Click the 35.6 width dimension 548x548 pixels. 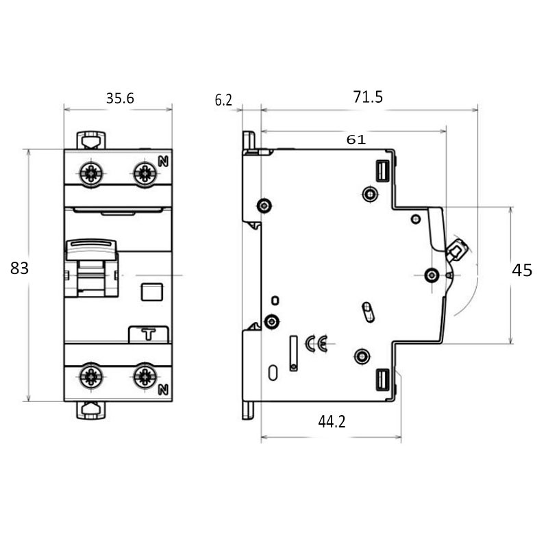tap(120, 99)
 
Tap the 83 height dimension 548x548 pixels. tap(19, 269)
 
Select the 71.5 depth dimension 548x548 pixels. tap(368, 97)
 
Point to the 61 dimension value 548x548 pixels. tap(356, 139)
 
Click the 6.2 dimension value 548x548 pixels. tap(223, 101)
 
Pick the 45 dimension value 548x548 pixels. tap(522, 271)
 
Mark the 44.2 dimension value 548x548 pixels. tap(332, 422)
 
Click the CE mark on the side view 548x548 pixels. tap(316, 342)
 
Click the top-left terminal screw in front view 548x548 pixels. tap(91, 173)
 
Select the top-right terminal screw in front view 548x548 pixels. tap(145, 173)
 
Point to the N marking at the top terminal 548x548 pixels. tap(163, 162)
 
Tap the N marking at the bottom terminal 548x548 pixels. tap(163, 390)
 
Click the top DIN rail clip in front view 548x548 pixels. tap(91, 140)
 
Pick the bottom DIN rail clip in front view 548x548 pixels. tap(91, 410)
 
